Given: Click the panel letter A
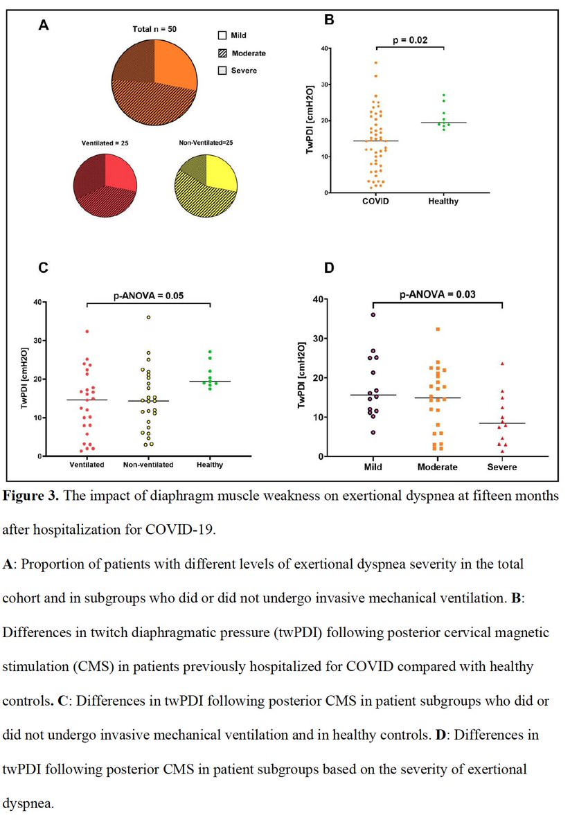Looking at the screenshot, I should point(43,26).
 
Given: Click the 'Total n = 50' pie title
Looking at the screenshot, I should point(155,30).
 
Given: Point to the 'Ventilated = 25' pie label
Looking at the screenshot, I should point(103,143).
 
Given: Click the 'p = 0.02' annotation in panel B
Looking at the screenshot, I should point(410,40).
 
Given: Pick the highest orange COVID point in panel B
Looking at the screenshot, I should point(376,63).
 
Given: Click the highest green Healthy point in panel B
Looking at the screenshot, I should point(443,95).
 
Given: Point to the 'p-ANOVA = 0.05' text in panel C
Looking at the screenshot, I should point(147,295).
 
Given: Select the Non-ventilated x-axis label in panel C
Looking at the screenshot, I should point(148,465).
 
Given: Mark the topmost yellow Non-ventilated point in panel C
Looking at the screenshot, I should point(148,317).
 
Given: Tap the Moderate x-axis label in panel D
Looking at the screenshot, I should point(438,467).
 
